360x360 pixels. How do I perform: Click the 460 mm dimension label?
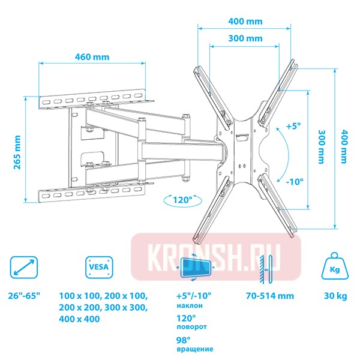tap(92, 57)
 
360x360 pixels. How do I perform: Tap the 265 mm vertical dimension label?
tap(17, 152)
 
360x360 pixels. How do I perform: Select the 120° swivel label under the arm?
tap(182, 200)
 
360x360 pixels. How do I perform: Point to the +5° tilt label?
tap(293, 126)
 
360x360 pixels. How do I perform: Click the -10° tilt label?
tap(295, 182)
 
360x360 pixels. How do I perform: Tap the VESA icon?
tap(99, 267)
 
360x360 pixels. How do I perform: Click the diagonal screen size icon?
tap(24, 267)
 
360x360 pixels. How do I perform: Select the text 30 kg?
tap(335, 296)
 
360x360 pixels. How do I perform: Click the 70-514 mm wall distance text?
tap(270, 296)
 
